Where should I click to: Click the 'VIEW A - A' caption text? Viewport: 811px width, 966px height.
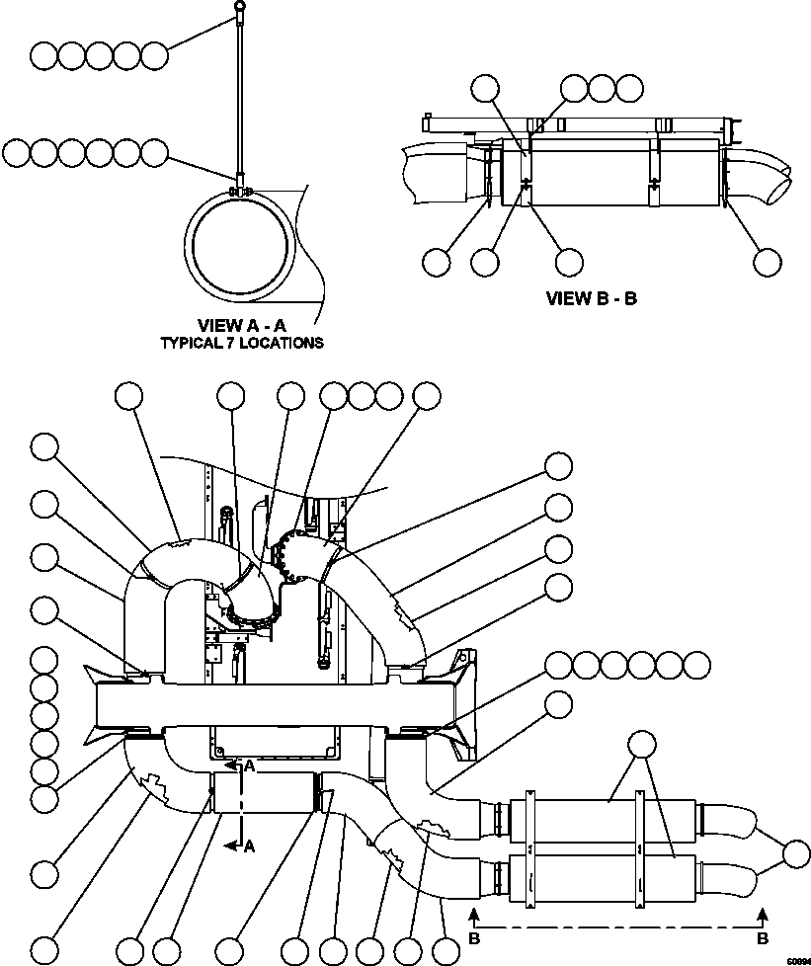[242, 326]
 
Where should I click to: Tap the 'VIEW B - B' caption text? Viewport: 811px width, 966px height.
[591, 298]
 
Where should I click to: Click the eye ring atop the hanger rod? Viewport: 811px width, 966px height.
[240, 7]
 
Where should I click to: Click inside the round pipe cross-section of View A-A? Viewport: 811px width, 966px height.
[241, 247]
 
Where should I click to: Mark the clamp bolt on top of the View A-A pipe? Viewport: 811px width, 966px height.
[240, 191]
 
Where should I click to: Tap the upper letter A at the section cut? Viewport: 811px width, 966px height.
[251, 765]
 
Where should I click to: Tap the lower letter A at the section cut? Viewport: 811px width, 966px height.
[251, 845]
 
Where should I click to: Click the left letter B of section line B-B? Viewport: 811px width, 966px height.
[474, 934]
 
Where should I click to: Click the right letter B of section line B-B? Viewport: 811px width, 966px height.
[762, 934]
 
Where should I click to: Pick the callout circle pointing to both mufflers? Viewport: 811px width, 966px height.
[642, 745]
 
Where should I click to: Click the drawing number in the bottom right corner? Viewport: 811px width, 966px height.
[796, 959]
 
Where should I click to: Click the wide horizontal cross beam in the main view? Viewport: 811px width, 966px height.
[277, 706]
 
